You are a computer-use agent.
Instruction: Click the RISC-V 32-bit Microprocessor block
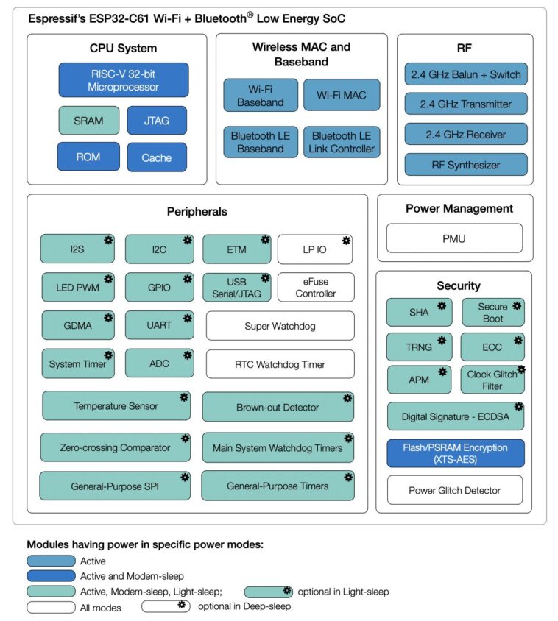click(123, 80)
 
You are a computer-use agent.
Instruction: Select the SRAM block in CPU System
click(88, 121)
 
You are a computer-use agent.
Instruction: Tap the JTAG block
click(156, 121)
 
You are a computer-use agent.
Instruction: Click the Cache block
click(156, 157)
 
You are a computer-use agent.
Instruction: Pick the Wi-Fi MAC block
click(342, 95)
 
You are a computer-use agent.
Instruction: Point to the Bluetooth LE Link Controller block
click(342, 143)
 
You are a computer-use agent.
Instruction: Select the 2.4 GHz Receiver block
click(465, 135)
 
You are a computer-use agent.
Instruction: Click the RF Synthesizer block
click(465, 165)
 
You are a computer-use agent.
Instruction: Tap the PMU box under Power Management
click(453, 238)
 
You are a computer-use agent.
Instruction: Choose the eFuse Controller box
click(315, 287)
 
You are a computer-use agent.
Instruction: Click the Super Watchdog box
click(280, 325)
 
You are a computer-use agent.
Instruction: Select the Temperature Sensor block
click(116, 406)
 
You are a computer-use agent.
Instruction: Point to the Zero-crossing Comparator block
click(116, 447)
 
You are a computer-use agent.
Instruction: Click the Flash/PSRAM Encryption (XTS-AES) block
click(456, 453)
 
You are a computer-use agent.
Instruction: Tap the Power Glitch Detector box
click(454, 490)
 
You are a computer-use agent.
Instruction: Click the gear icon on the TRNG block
click(442, 339)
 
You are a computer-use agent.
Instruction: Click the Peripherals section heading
click(197, 211)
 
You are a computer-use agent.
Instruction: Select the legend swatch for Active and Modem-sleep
click(51, 576)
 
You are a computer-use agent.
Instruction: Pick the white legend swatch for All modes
click(51, 608)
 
